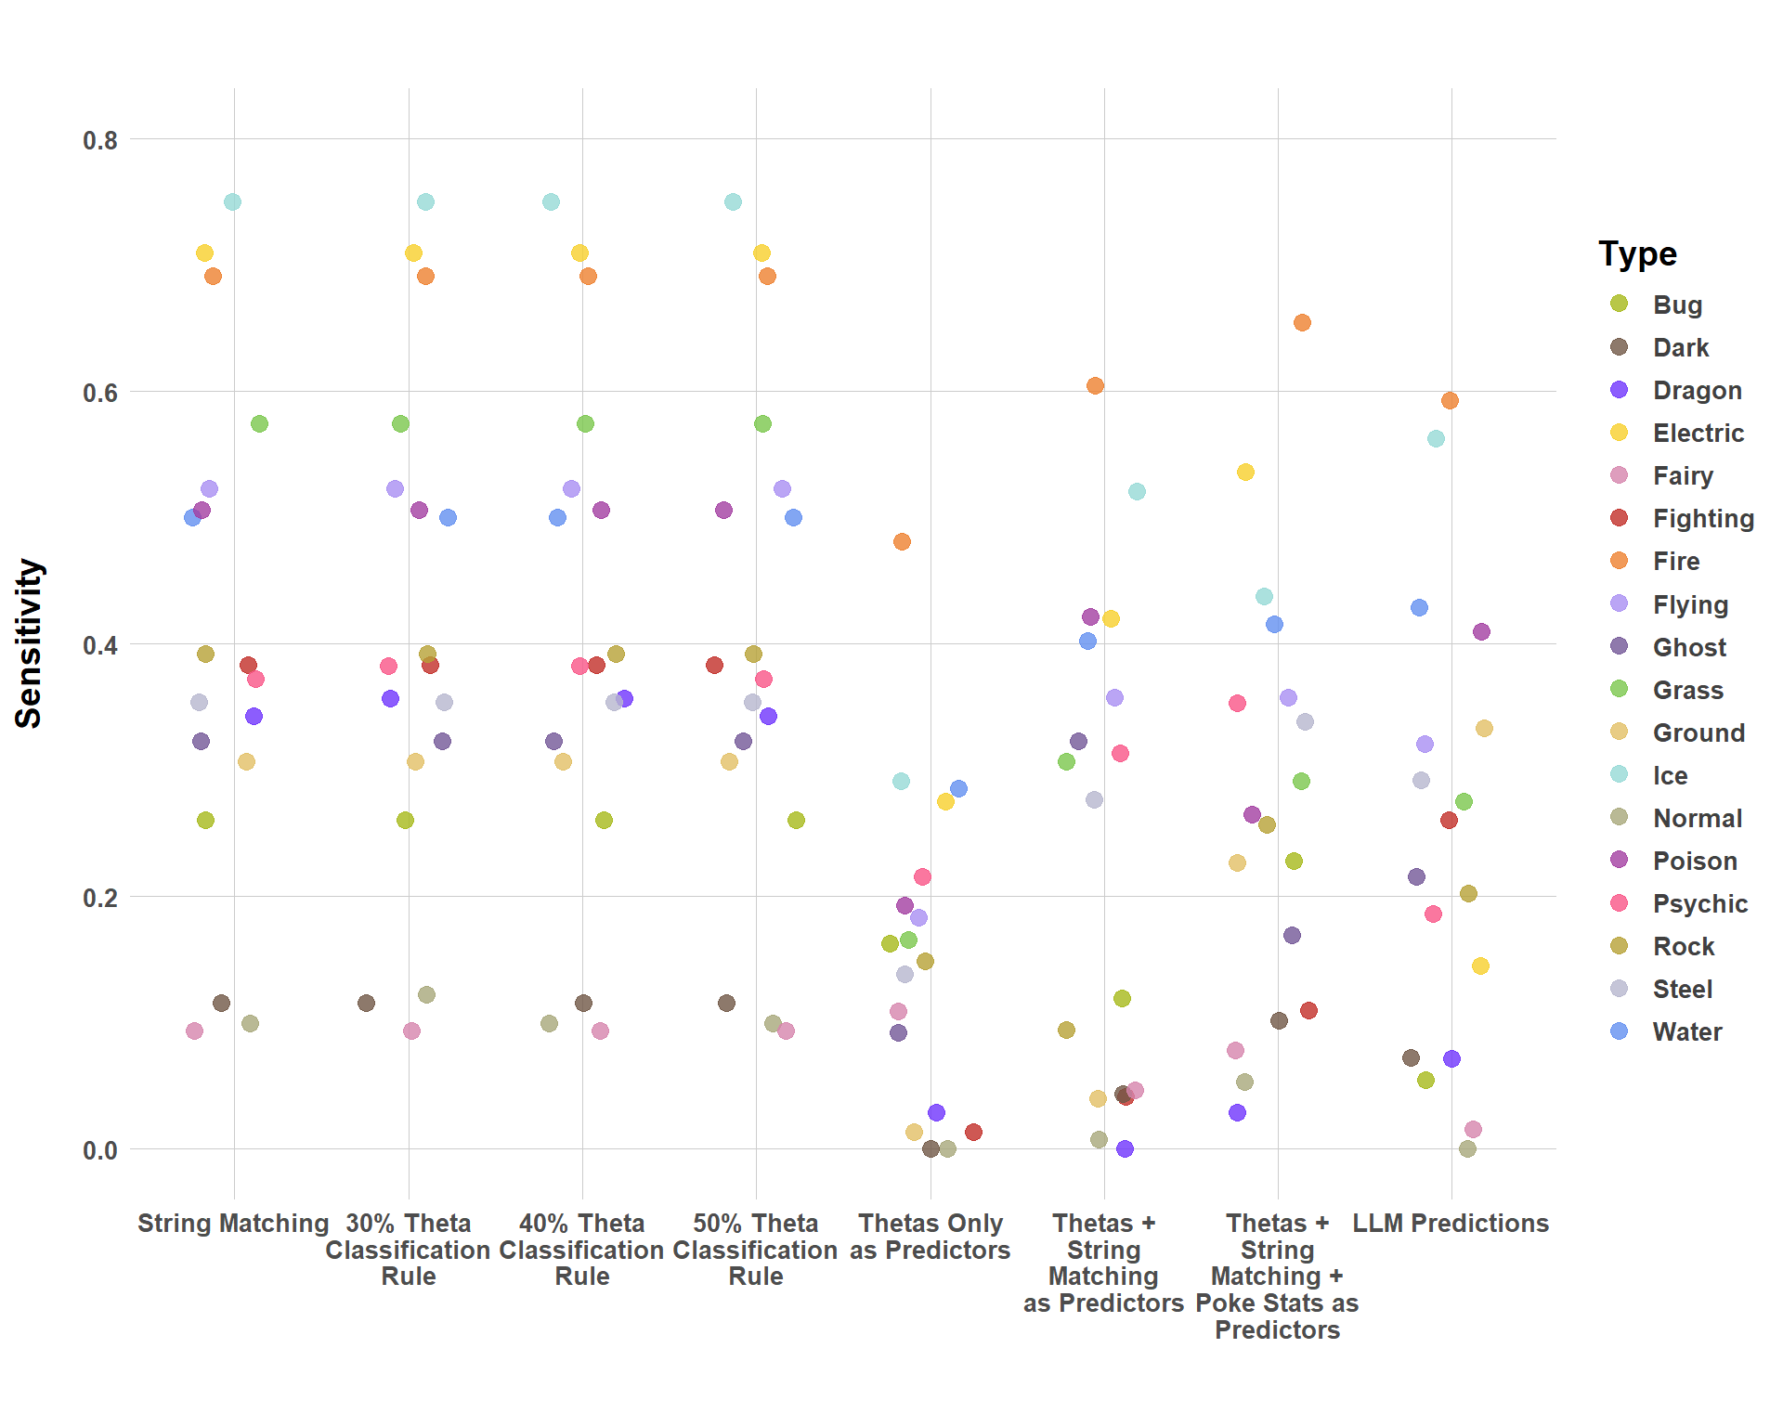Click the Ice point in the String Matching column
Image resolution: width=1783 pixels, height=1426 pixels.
point(232,202)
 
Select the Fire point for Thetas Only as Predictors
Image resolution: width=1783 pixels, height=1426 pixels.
point(902,541)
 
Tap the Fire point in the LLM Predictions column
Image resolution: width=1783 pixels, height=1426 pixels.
point(1450,401)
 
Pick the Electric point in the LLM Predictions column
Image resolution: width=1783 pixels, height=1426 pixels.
point(1480,966)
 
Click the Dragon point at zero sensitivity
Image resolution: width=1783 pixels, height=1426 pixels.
point(1125,1149)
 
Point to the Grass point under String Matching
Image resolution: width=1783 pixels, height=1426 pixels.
point(259,424)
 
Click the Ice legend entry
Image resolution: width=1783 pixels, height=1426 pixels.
point(1670,775)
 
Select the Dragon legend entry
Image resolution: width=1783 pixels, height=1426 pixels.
point(1697,391)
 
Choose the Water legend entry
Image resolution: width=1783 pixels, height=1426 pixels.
point(1686,1031)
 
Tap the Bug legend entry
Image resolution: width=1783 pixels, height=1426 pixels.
point(1677,305)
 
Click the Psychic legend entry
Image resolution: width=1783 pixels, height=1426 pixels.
point(1699,903)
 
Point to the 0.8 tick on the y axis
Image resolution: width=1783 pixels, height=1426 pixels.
point(100,140)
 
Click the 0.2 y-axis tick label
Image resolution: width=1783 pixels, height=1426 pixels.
point(100,898)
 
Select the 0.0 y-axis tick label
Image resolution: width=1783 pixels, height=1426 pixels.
point(100,1150)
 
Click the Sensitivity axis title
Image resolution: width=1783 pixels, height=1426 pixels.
point(29,643)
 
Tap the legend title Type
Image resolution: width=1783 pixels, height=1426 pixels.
point(1637,253)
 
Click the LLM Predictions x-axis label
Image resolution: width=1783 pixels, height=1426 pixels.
point(1451,1224)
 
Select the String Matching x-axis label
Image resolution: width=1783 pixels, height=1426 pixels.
point(233,1224)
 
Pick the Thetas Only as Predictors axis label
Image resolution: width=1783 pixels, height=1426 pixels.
point(930,1237)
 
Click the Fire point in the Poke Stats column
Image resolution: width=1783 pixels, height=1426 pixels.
point(1302,323)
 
